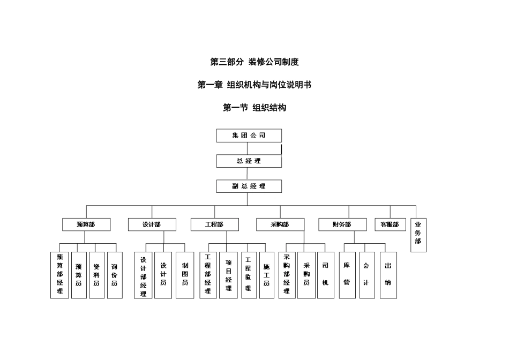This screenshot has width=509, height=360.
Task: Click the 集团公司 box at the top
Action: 249,136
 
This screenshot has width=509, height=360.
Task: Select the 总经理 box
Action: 249,161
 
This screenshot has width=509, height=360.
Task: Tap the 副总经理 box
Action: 249,186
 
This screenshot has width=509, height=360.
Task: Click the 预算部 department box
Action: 86,224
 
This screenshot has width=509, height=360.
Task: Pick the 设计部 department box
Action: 152,224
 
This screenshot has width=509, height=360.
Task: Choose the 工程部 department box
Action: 214,224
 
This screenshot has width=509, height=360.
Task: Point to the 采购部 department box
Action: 280,224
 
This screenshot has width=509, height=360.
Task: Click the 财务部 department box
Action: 342,224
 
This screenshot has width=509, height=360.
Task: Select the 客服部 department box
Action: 390,224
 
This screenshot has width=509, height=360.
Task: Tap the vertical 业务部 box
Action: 418,234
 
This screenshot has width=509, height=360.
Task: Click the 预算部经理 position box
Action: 59,275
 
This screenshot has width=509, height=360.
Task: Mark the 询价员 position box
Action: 114,275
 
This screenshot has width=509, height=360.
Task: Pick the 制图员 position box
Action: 185,275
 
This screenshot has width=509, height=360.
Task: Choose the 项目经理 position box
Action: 228,275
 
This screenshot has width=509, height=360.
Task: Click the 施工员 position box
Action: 266,275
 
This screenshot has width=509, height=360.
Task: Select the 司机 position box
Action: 325,275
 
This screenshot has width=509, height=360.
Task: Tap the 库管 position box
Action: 347,275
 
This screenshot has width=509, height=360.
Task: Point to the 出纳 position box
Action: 388,275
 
